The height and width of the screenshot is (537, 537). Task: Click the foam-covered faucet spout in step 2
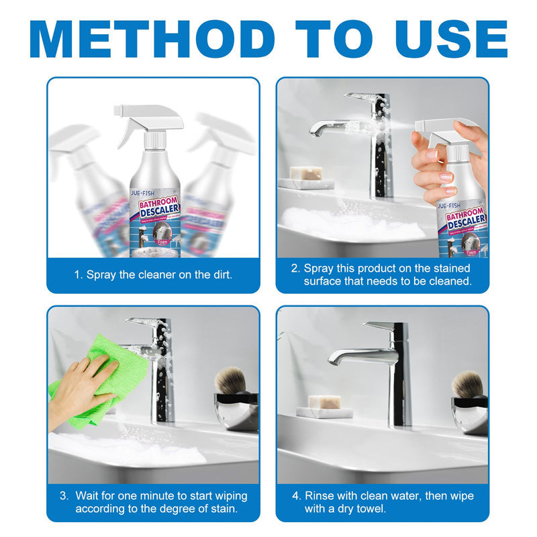pyautogui.click(x=336, y=126)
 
